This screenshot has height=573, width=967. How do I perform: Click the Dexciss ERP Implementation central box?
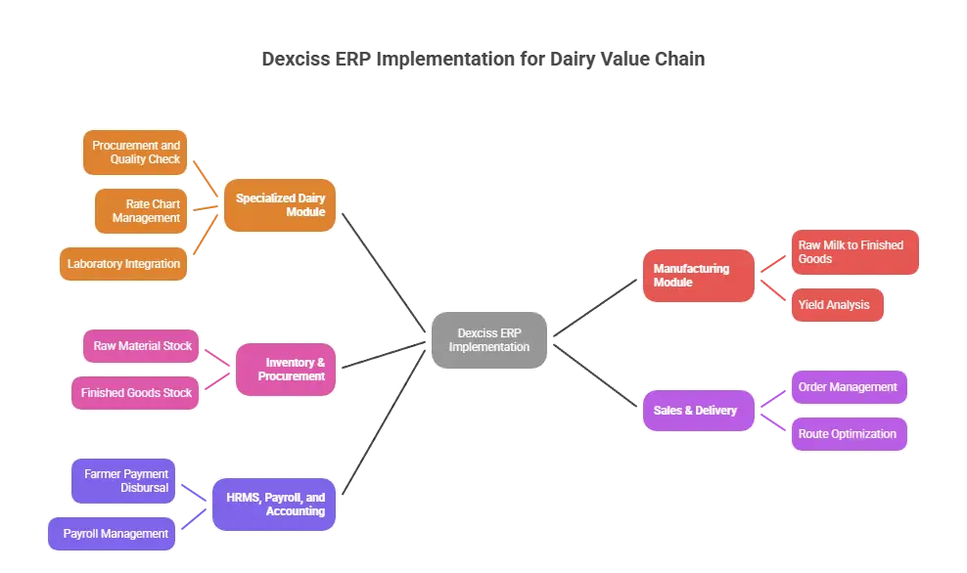(489, 339)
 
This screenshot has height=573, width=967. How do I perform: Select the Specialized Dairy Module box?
(280, 205)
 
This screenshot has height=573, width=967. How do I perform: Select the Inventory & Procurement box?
(286, 369)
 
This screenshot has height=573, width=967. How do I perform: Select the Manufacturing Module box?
(698, 275)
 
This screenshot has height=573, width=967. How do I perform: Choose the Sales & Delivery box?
(698, 410)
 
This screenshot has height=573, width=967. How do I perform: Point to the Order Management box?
(848, 387)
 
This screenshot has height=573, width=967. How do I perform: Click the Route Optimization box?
(848, 434)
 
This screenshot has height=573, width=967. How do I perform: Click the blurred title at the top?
(482, 61)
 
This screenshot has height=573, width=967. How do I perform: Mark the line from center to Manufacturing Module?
(597, 305)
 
